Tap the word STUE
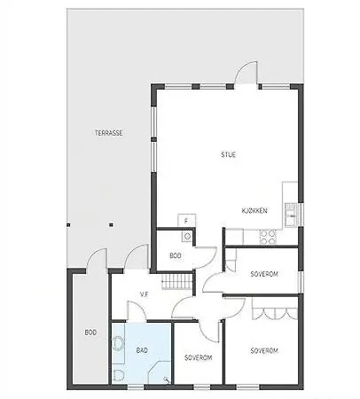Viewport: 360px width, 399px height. (229, 154)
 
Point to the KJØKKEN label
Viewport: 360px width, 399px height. (254, 210)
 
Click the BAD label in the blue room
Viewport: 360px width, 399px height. (142, 349)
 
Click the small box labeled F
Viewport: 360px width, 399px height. (186, 220)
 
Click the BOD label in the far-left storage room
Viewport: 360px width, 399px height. (90, 332)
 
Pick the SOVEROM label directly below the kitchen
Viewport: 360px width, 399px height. (263, 274)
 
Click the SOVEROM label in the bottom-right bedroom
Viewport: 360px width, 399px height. (264, 350)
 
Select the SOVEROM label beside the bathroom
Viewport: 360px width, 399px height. (198, 357)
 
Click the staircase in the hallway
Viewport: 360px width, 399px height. (181, 283)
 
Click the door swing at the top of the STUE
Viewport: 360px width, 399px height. (247, 74)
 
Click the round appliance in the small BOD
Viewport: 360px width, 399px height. (187, 237)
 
